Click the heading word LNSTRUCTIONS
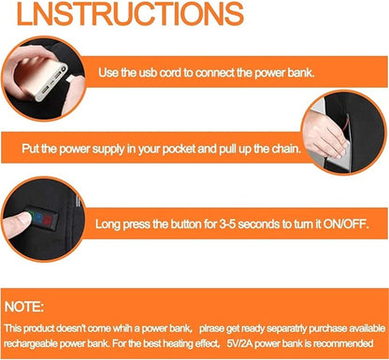tap(130, 13)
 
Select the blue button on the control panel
tap(38, 217)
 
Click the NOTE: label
tap(24, 307)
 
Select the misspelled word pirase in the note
tap(211, 328)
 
